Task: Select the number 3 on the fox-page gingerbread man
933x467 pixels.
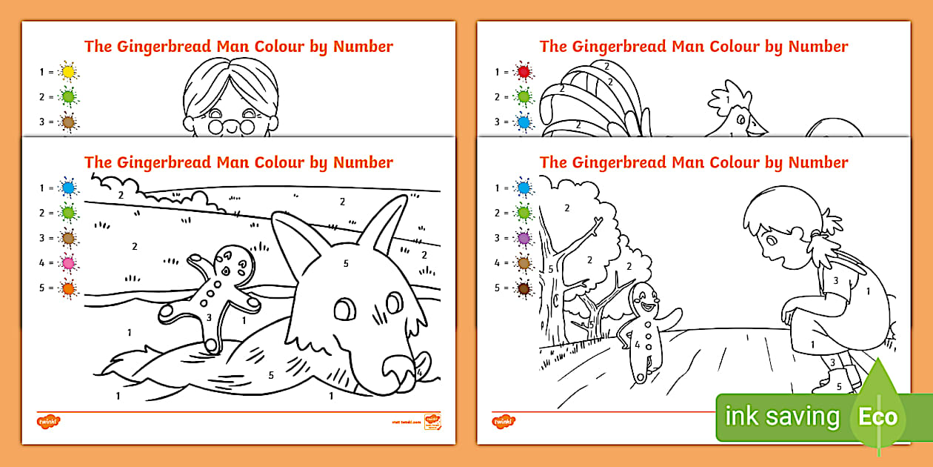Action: (210, 317)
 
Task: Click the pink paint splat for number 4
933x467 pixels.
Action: (69, 262)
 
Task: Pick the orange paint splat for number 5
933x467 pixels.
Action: (69, 288)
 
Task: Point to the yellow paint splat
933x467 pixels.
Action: (69, 72)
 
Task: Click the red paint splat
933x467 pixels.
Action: (524, 72)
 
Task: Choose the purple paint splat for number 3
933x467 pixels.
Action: (524, 238)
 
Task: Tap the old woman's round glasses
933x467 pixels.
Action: (230, 125)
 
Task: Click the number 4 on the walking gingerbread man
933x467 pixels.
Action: (636, 345)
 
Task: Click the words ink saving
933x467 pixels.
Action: (782, 417)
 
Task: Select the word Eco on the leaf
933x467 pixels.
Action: (877, 416)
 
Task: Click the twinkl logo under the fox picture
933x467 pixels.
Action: (48, 421)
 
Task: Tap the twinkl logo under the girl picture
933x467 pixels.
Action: (504, 421)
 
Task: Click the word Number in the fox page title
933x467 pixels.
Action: (363, 162)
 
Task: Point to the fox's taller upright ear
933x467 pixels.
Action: (393, 222)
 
